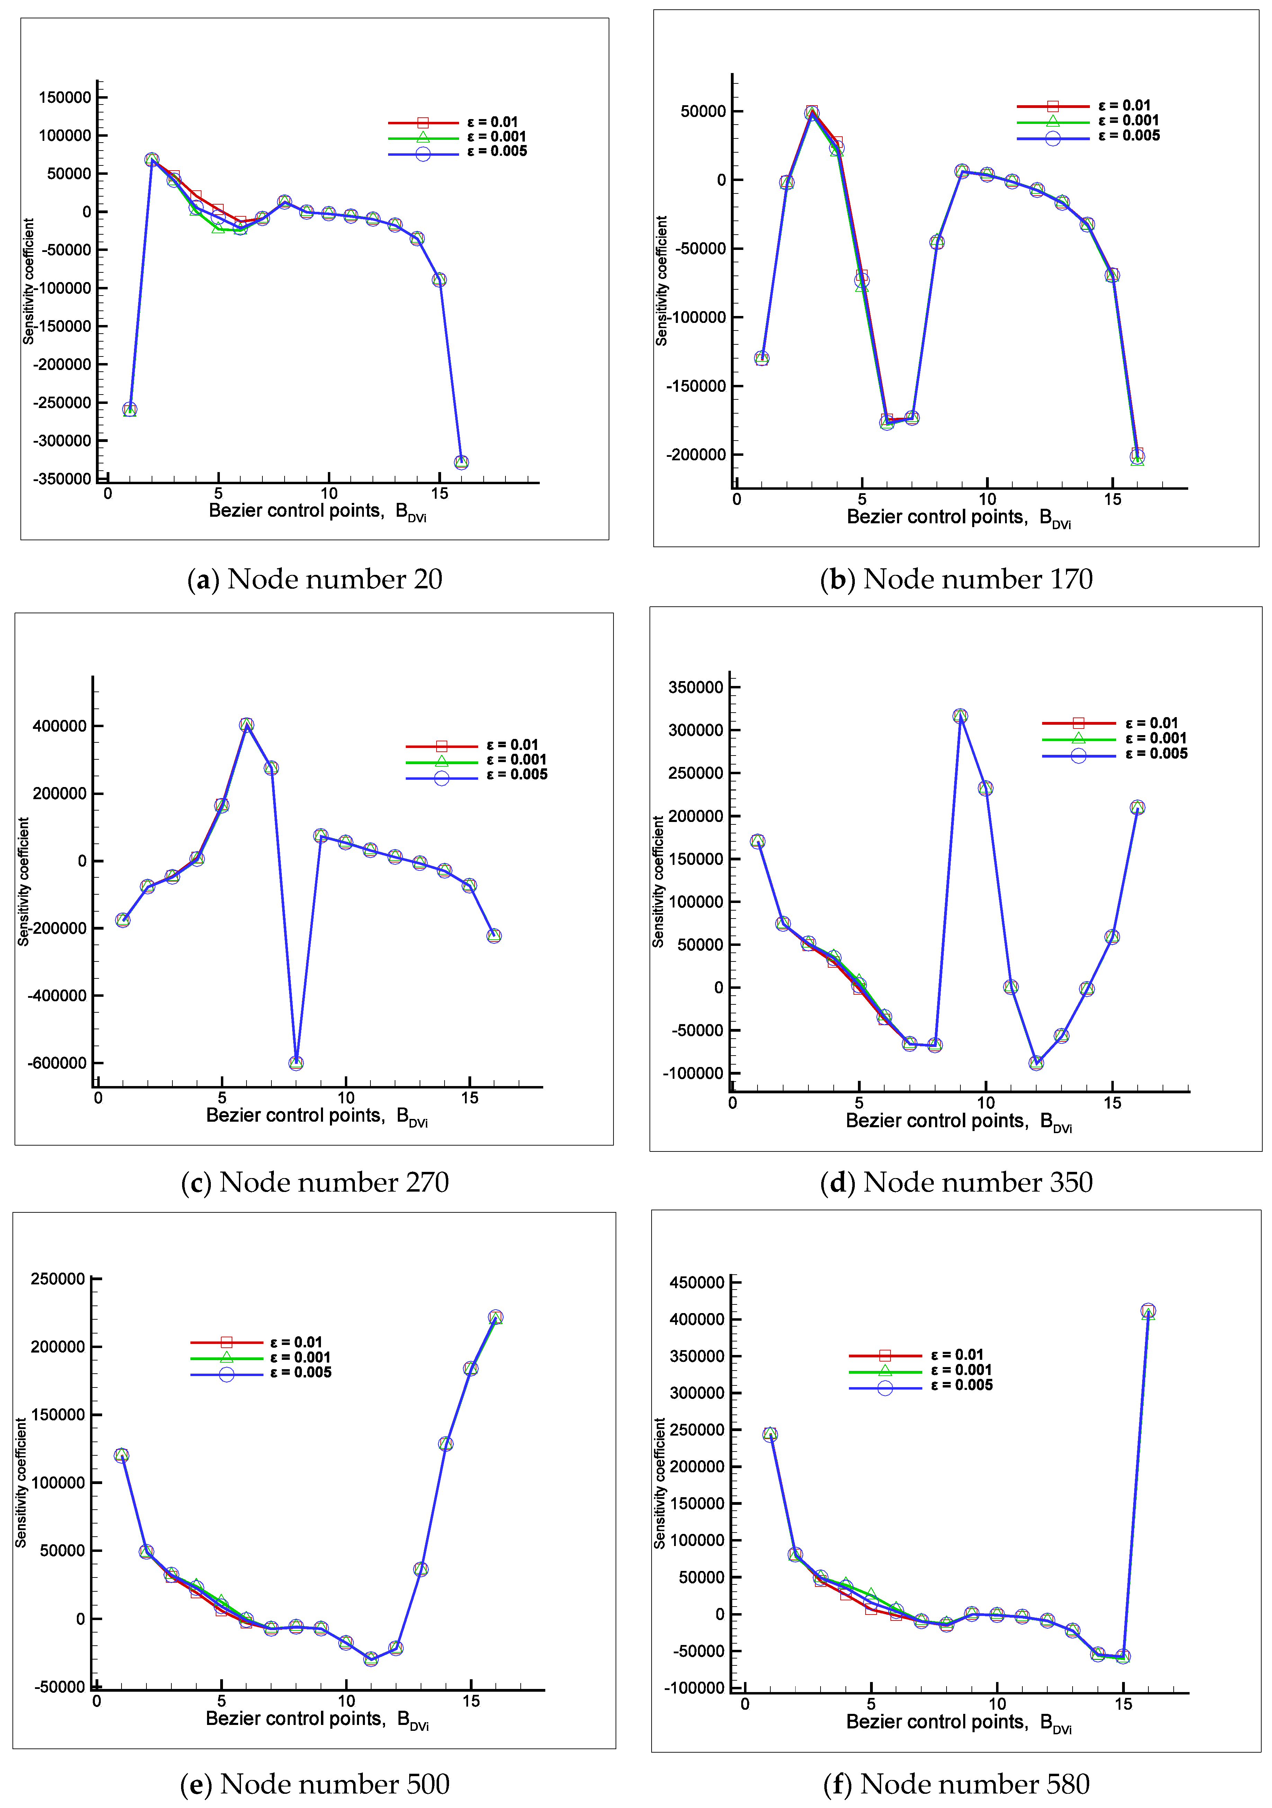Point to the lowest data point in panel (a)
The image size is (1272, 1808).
pyautogui.click(x=462, y=462)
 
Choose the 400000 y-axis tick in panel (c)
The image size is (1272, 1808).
pyautogui.click(x=60, y=726)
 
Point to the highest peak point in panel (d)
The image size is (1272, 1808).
pyautogui.click(x=960, y=716)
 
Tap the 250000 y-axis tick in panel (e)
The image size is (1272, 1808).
pyautogui.click(x=57, y=1279)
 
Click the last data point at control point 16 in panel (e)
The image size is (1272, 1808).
pyautogui.click(x=495, y=1318)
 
